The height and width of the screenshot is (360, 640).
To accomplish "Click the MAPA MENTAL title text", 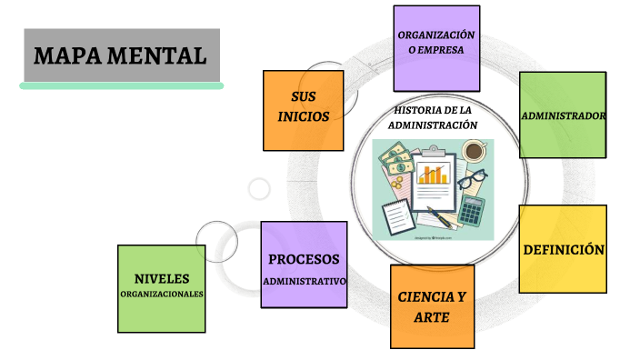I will pos(120,55).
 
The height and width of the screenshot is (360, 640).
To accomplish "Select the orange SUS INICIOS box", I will pos(304,110).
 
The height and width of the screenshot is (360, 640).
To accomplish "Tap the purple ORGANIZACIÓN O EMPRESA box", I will pos(436,48).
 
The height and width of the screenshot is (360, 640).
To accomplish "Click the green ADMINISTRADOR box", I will pos(563,115).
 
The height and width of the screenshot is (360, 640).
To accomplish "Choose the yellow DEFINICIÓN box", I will pos(563,249).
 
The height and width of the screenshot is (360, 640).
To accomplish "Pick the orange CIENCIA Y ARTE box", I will pos(432,307).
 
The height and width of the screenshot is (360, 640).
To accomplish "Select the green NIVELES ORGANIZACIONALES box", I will pos(162,288).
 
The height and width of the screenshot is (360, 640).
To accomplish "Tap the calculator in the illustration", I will pos(471,211).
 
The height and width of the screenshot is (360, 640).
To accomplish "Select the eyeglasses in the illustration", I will pos(470,179).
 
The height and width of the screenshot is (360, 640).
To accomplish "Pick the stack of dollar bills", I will pos(397,165).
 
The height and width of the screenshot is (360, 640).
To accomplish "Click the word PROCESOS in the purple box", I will pos(304,259).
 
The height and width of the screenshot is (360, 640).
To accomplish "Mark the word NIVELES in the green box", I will pos(162,277).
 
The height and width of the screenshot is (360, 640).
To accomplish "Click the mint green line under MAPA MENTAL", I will pos(121,85).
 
